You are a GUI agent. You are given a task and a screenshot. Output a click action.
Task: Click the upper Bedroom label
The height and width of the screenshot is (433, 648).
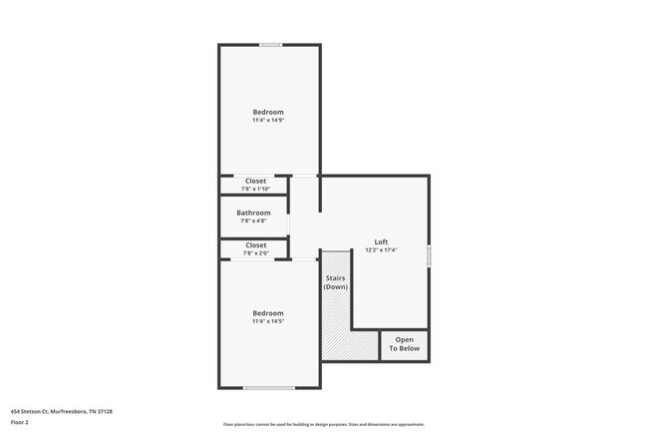(268, 112)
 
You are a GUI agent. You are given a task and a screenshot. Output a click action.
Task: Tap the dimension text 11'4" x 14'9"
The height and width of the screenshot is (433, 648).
(268, 121)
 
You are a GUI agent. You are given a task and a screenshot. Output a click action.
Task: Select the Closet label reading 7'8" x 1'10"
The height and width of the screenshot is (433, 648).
(255, 181)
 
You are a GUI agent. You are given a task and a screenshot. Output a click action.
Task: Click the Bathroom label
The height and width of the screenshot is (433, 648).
(253, 213)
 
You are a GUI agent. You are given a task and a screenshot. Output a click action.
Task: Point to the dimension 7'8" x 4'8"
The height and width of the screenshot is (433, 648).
(253, 221)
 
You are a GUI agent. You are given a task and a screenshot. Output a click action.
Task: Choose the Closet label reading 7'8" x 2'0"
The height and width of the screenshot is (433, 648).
(255, 244)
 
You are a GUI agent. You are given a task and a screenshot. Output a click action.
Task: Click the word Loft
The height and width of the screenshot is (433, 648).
(381, 241)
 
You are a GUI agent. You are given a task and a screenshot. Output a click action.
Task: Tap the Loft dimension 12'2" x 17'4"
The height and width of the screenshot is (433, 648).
(381, 250)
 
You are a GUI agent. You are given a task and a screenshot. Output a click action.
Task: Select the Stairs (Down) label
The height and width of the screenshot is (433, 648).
(334, 282)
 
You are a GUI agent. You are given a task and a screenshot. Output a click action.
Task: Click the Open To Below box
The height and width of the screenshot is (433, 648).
(405, 344)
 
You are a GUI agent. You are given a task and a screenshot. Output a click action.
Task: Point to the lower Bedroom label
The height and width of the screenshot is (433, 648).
(268, 313)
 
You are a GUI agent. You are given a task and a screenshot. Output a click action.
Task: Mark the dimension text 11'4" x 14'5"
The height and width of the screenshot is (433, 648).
(268, 322)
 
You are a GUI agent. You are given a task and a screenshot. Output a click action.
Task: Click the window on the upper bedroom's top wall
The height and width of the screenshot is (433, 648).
(270, 45)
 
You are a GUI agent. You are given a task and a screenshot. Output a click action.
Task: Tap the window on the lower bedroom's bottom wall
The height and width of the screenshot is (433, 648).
(269, 388)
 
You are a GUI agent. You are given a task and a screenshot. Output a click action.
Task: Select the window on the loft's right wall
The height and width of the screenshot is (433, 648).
(429, 255)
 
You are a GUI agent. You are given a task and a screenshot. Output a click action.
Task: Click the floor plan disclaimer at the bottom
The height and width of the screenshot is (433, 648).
(324, 424)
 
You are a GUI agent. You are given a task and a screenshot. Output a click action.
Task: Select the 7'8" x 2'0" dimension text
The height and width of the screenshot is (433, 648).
(255, 253)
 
